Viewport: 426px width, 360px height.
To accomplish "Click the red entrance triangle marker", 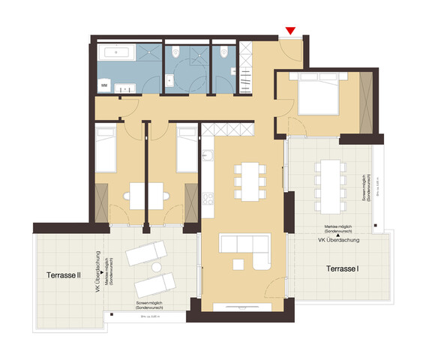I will (x=291, y=31).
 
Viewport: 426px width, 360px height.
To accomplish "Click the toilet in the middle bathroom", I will (x=175, y=52).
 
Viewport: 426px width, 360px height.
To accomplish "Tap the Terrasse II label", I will (x=63, y=275).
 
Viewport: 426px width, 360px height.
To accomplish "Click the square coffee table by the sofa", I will (x=238, y=262).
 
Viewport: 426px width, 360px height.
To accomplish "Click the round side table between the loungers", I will (x=157, y=268).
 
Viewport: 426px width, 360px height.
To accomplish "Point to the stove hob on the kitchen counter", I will (x=208, y=202).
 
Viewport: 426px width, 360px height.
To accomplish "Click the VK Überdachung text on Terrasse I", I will (x=341, y=241).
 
